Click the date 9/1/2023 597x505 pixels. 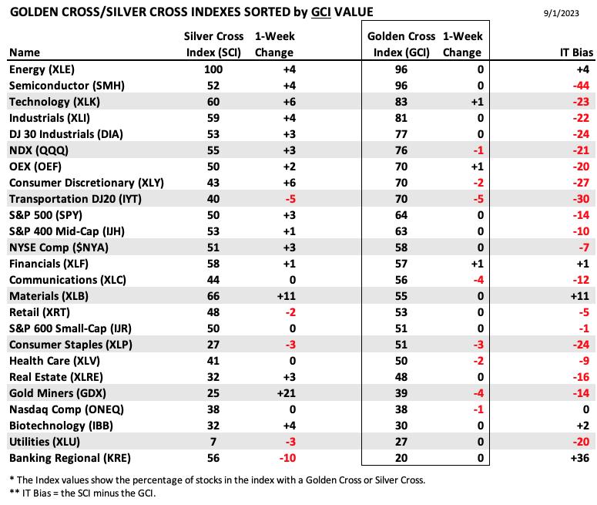click(562, 13)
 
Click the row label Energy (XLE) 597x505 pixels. click(42, 69)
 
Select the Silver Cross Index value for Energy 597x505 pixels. click(213, 69)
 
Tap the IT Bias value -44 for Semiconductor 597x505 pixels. click(581, 86)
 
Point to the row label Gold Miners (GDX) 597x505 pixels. click(58, 393)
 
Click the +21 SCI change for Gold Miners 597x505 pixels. click(287, 393)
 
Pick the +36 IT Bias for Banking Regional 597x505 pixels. click(580, 458)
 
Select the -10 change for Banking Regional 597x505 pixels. click(287, 458)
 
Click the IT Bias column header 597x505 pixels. click(576, 52)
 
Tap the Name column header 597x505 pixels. click(25, 52)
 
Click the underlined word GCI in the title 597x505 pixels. click(321, 12)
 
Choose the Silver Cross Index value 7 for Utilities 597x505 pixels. click(213, 442)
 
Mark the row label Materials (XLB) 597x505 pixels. click(49, 296)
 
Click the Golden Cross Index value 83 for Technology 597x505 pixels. click(401, 102)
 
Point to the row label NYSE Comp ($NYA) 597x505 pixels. click(59, 247)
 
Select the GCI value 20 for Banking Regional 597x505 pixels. click(401, 458)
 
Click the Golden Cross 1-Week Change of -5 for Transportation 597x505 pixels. click(478, 199)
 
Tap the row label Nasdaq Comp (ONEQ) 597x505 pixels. click(66, 409)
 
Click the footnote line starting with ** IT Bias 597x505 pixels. click(82, 493)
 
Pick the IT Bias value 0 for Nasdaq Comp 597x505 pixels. click(586, 409)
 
